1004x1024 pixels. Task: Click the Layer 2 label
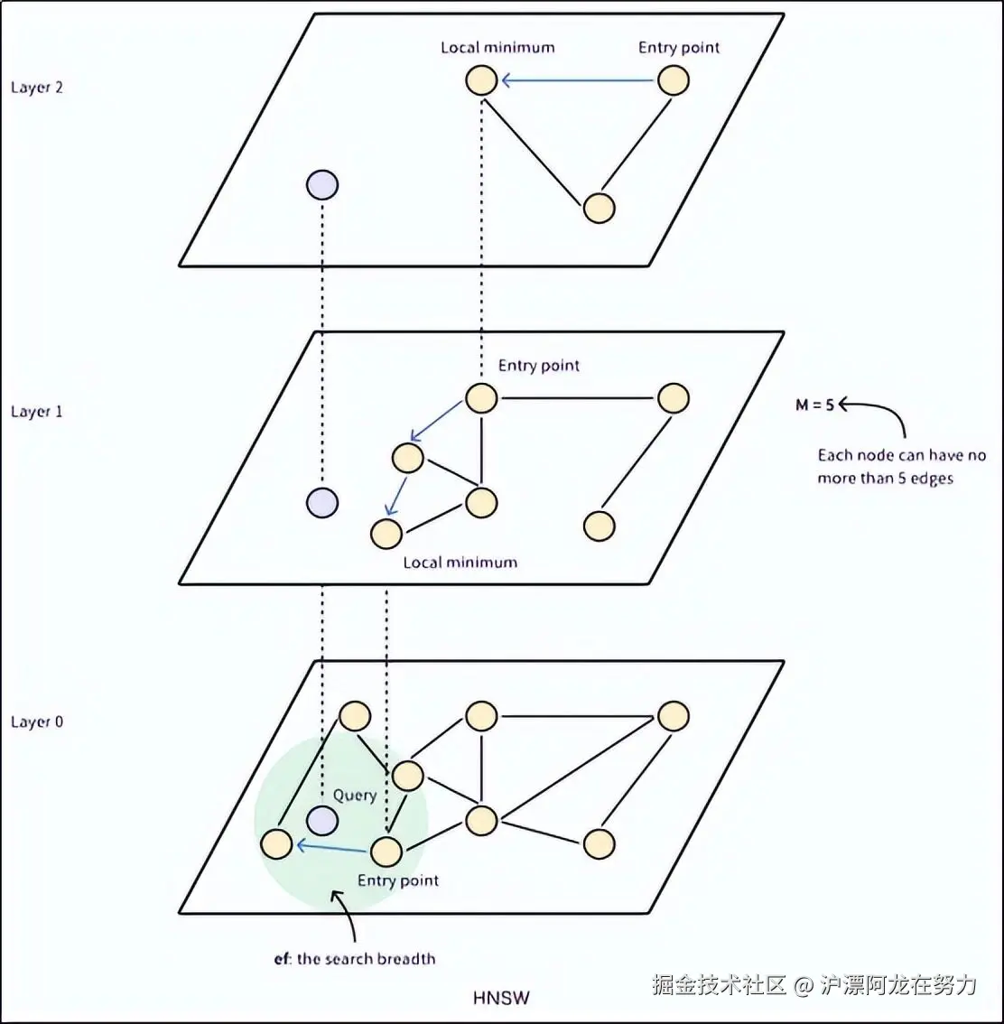click(36, 88)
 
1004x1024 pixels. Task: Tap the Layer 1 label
click(36, 412)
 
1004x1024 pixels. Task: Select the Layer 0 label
click(36, 722)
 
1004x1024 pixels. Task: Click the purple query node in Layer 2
click(322, 185)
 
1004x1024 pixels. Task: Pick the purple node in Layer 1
click(322, 502)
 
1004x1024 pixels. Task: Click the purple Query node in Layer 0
click(322, 821)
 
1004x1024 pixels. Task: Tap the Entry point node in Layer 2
click(674, 80)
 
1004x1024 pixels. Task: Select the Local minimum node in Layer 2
click(481, 80)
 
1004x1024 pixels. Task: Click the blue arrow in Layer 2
click(578, 80)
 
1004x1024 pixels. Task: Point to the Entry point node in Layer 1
click(481, 398)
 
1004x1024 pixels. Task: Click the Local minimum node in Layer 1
click(386, 533)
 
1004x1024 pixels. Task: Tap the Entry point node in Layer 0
click(386, 851)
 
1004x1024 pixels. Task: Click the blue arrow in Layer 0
click(331, 847)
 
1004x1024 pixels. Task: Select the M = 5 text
click(814, 405)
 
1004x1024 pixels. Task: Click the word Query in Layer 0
click(354, 796)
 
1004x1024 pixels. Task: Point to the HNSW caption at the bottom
click(501, 998)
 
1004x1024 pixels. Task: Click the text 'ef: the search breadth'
click(355, 959)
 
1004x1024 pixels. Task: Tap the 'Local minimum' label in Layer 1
click(460, 563)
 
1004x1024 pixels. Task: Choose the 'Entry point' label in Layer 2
click(679, 48)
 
